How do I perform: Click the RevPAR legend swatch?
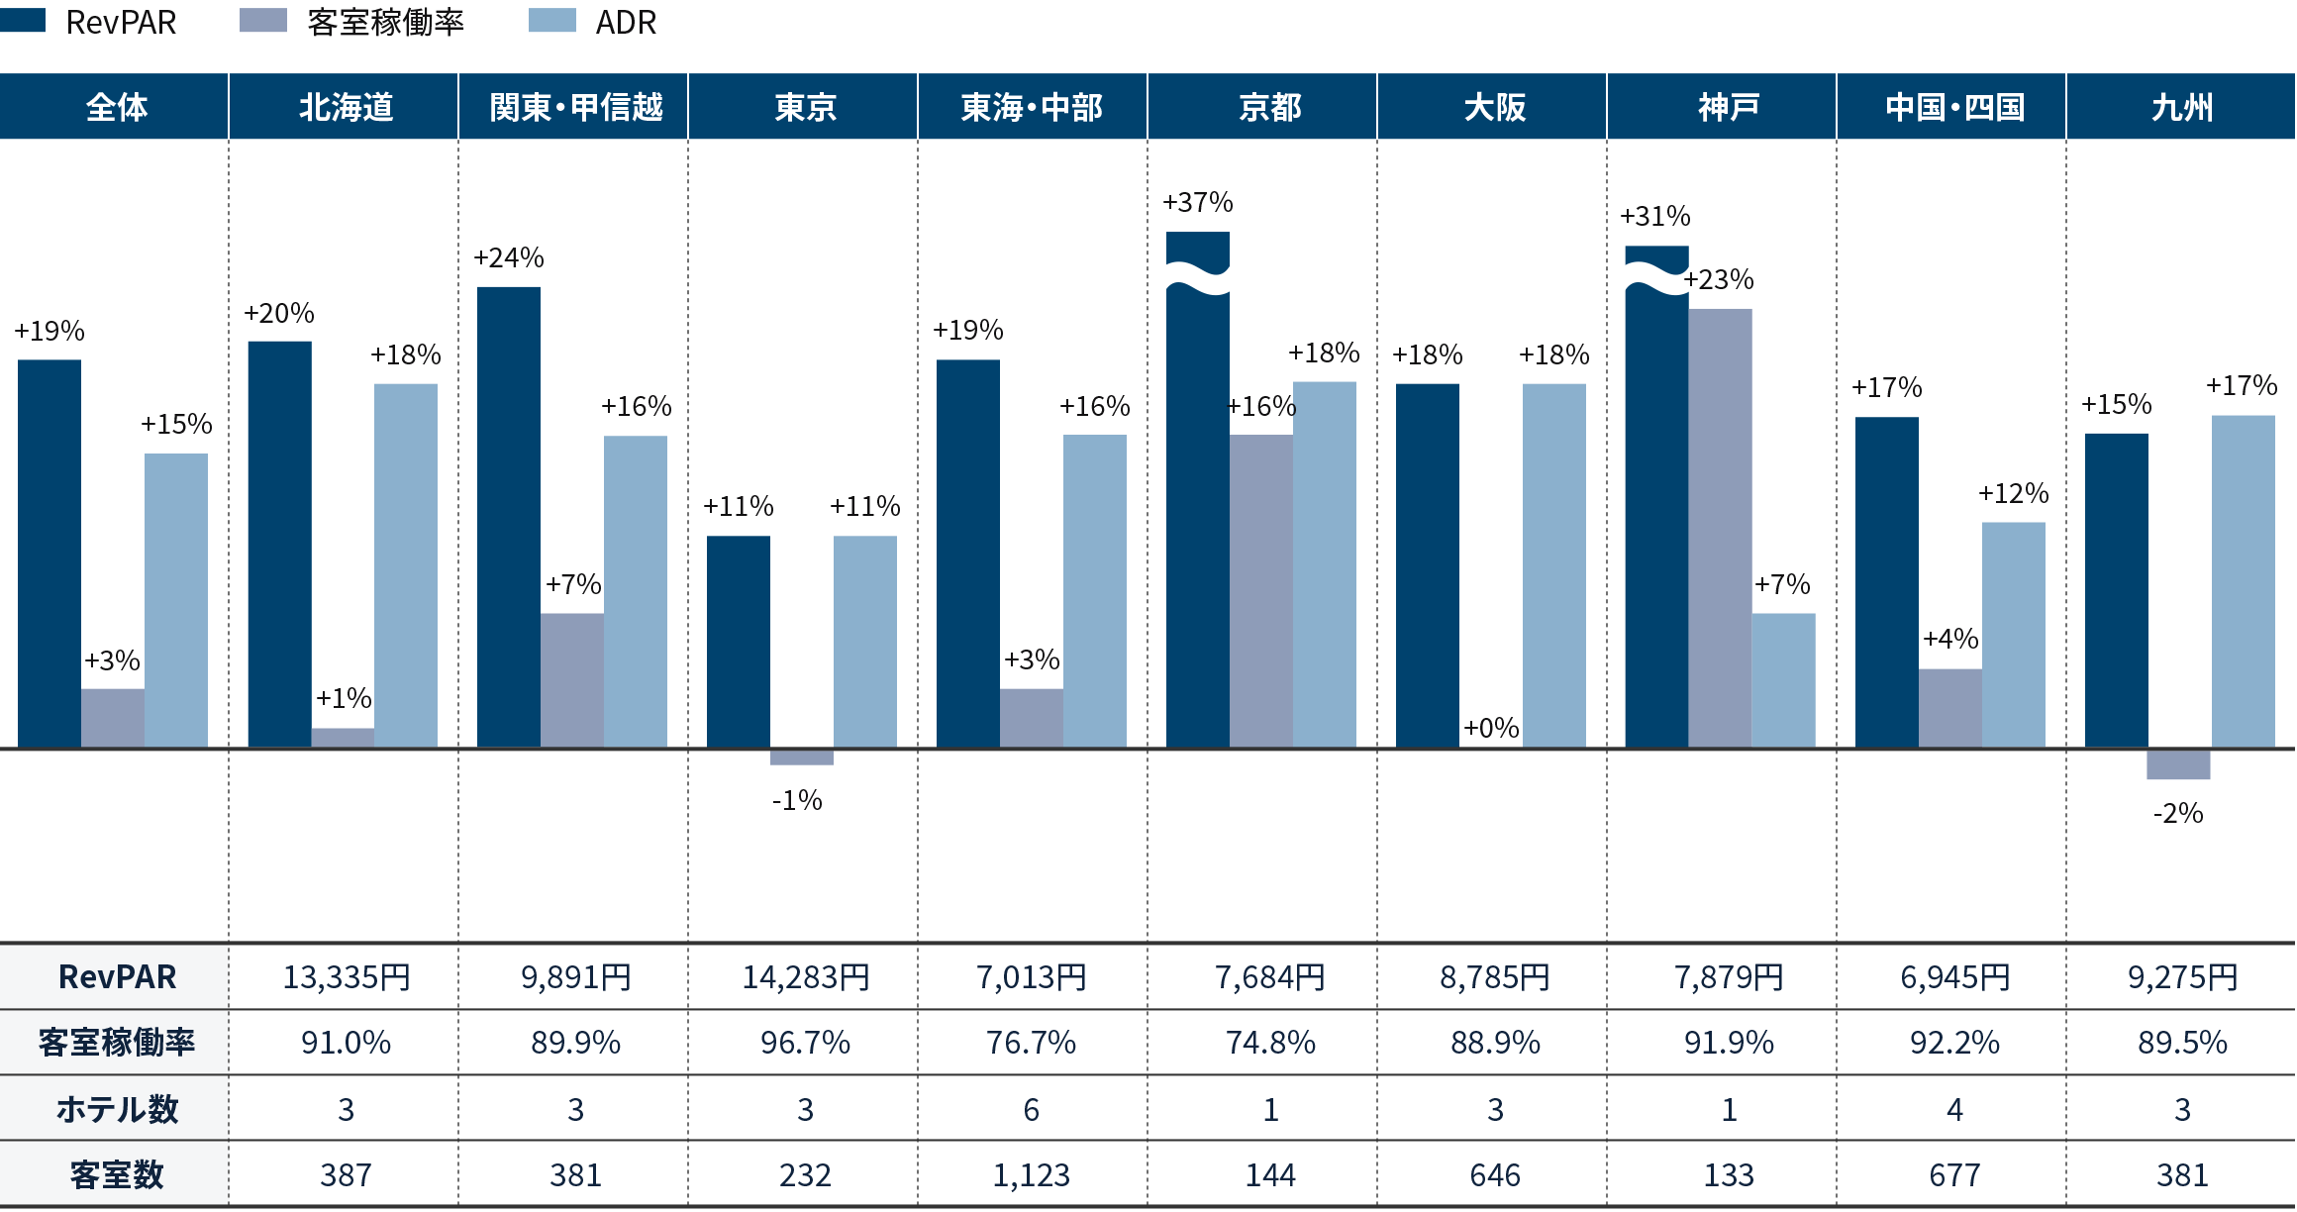[x=22, y=21]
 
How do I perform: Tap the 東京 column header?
[x=804, y=107]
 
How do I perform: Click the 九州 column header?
[x=2181, y=107]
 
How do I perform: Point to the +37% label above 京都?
[x=1198, y=203]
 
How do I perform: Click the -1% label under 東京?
[x=797, y=800]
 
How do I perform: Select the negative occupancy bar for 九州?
[x=2178, y=764]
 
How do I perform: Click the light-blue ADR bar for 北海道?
[x=406, y=564]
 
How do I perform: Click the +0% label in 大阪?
[x=1491, y=729]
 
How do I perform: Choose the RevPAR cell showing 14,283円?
[x=805, y=977]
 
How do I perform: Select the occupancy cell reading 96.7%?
[x=805, y=1043]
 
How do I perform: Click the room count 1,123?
[x=1031, y=1175]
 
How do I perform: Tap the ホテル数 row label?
[x=117, y=1109]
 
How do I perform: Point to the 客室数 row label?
[x=117, y=1175]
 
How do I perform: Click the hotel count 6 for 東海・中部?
[x=1031, y=1110]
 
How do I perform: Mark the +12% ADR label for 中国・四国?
[x=2013, y=494]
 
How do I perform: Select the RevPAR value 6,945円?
[x=1954, y=977]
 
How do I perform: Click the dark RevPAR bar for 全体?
[x=50, y=554]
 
